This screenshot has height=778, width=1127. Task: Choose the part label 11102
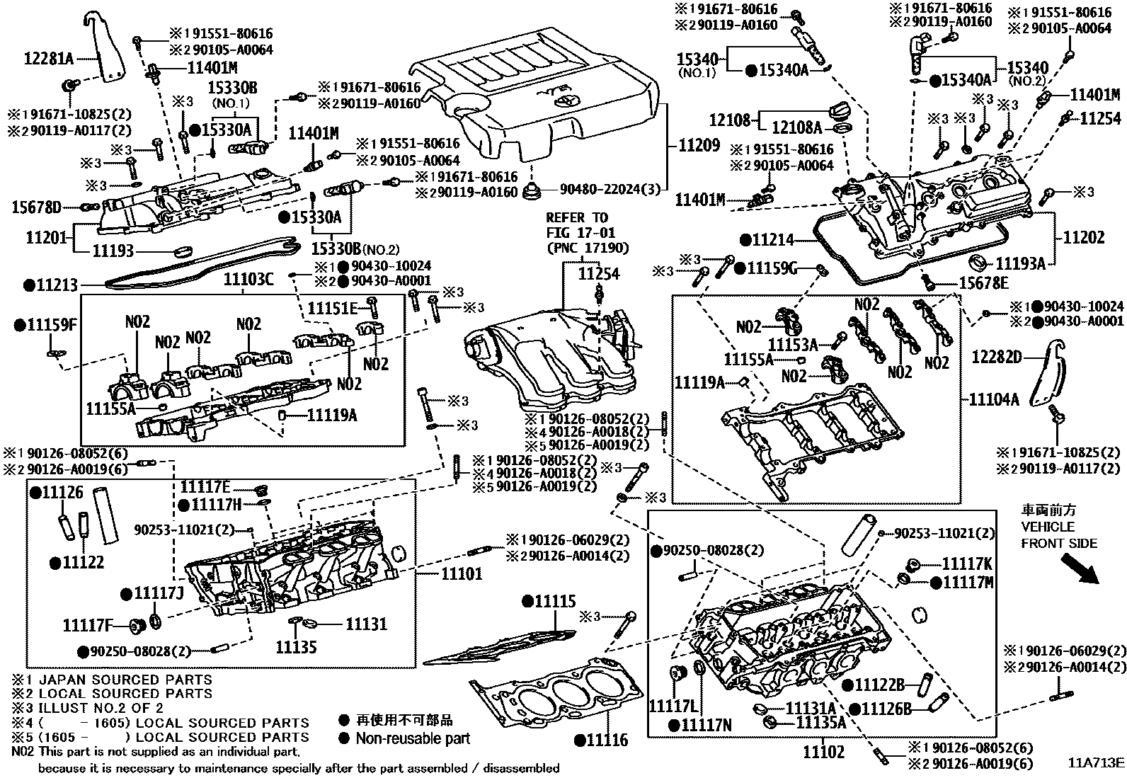point(823,752)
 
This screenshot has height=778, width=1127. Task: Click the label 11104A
point(994,400)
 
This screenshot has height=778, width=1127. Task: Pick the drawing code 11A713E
point(1096,762)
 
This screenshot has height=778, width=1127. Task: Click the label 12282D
point(996,357)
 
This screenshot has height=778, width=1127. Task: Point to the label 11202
point(1083,239)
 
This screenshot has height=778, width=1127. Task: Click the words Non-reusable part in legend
point(413,738)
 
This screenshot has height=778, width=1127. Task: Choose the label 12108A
point(796,128)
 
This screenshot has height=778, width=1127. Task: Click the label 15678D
point(36,207)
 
